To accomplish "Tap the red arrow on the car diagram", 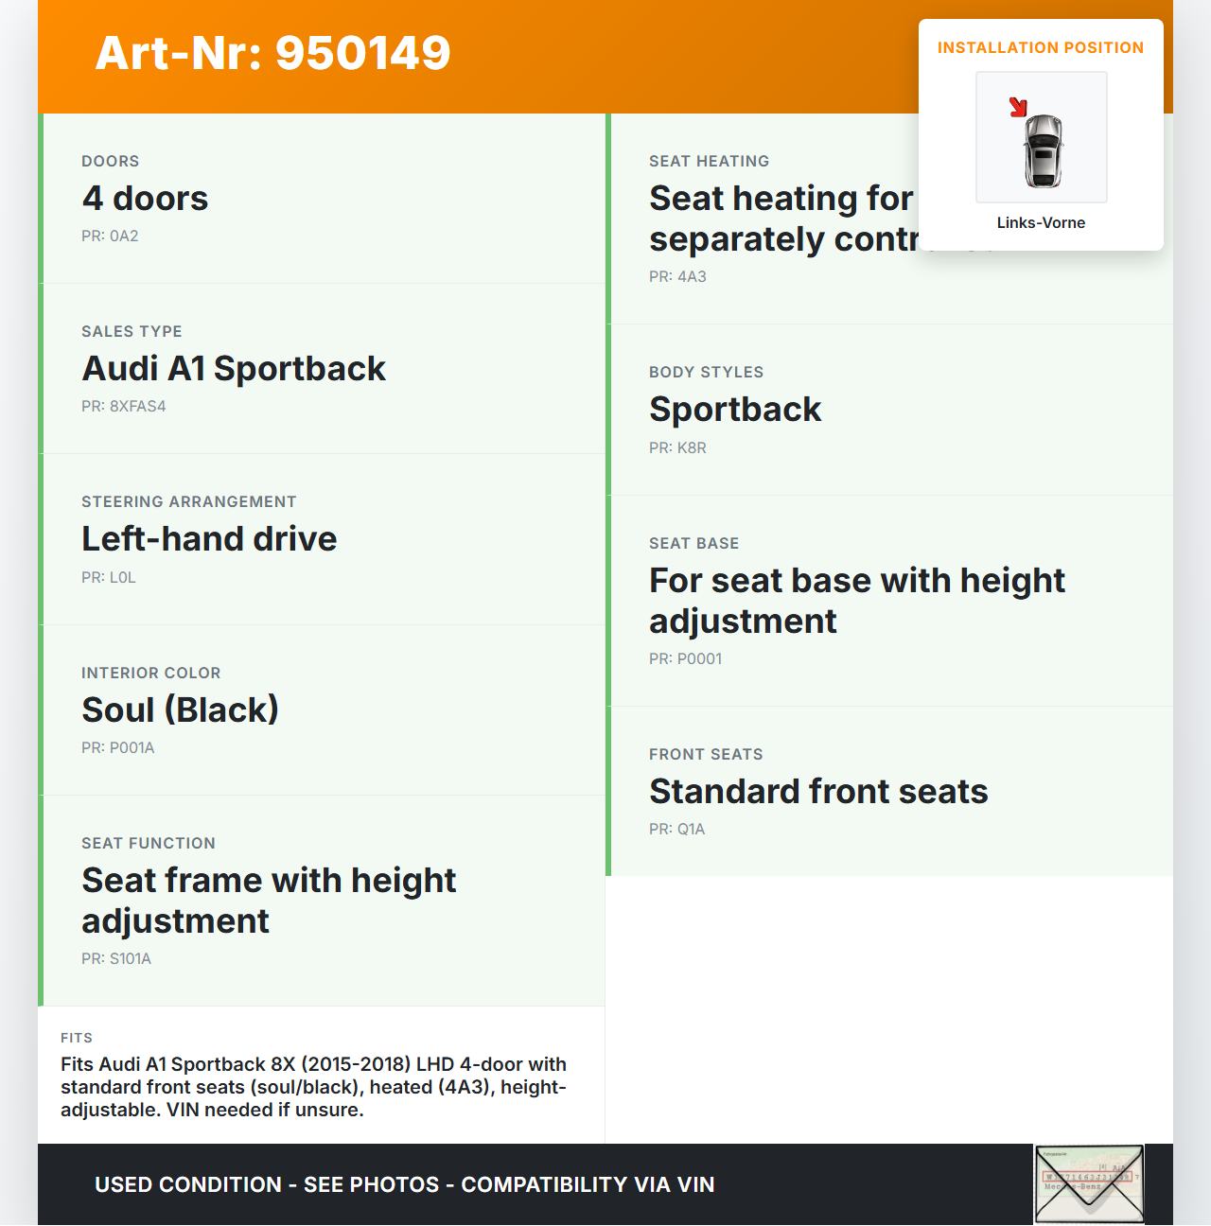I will tap(1018, 107).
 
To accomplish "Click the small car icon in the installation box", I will tap(1044, 149).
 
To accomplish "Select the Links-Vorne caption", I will tap(1041, 223).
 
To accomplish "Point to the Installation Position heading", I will tap(1041, 48).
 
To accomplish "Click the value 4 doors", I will tap(145, 199).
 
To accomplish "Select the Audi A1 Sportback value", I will tap(234, 369).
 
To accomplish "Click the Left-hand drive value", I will tap(209, 539).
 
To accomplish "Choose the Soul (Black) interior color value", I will tap(180, 710).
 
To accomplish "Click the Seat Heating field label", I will tap(709, 162).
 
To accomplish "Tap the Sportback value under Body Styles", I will tap(735, 410).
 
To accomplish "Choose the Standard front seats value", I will tap(818, 792).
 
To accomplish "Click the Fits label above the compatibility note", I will tap(77, 1038).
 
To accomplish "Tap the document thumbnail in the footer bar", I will tap(1089, 1183).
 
